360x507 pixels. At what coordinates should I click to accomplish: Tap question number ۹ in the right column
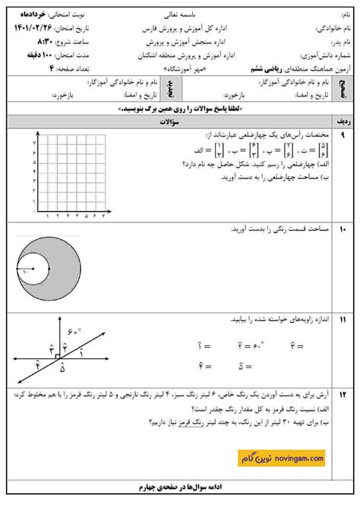pyautogui.click(x=343, y=135)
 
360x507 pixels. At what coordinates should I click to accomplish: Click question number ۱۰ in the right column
pyautogui.click(x=343, y=228)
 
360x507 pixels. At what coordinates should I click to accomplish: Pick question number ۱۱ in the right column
pyautogui.click(x=343, y=320)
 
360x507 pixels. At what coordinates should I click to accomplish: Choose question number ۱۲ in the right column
pyautogui.click(x=343, y=394)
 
